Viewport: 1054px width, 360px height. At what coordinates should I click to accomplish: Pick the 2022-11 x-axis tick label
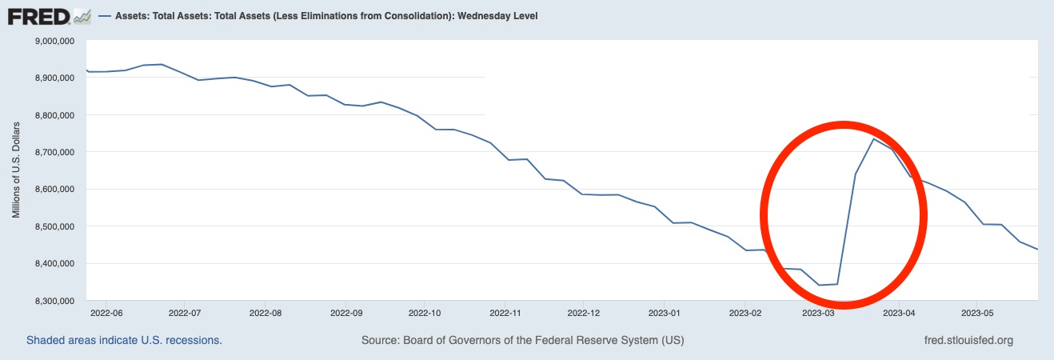point(505,312)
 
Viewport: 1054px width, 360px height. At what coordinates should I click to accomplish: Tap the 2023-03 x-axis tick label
point(818,312)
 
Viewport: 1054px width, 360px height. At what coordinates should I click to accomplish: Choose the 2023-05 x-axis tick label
point(976,312)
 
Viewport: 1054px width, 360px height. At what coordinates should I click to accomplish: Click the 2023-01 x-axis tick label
point(664,312)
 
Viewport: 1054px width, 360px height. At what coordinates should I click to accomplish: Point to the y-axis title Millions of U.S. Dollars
point(15,170)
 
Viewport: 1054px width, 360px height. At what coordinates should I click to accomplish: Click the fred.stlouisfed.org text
point(968,340)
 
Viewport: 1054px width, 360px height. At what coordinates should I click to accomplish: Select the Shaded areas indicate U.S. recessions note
point(124,340)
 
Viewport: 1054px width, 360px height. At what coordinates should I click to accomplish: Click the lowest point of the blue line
point(818,285)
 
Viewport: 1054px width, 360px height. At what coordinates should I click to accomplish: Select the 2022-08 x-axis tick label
point(266,312)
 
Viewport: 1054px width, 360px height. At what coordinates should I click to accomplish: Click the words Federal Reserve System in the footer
point(600,340)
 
